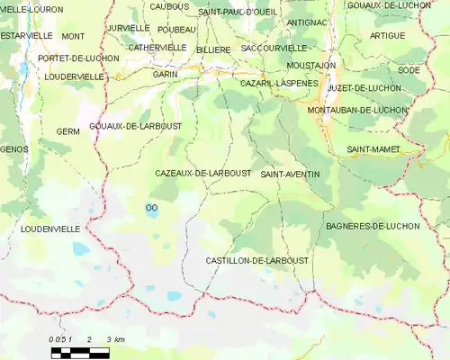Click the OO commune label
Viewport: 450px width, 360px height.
[150, 207]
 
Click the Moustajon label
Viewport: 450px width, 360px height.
[311, 66]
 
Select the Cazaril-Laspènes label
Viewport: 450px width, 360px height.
[279, 83]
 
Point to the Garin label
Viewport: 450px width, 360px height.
[165, 74]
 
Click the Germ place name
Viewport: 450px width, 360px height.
[67, 131]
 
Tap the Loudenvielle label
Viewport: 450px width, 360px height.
[50, 229]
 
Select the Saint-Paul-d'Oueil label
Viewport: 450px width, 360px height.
[238, 12]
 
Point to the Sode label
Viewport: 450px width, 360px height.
[409, 69]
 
